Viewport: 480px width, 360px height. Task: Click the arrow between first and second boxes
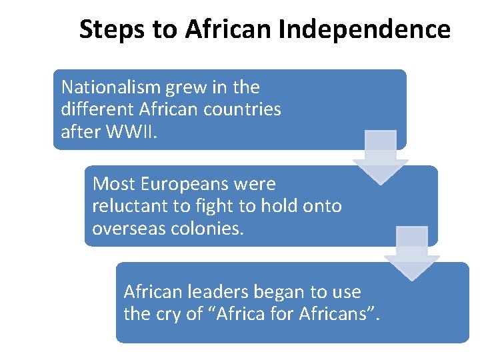pos(380,157)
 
